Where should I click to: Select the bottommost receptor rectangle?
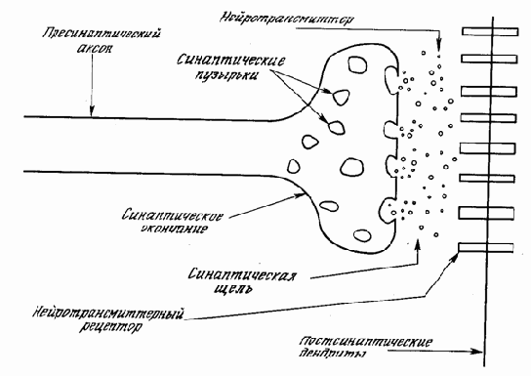[480, 247]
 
